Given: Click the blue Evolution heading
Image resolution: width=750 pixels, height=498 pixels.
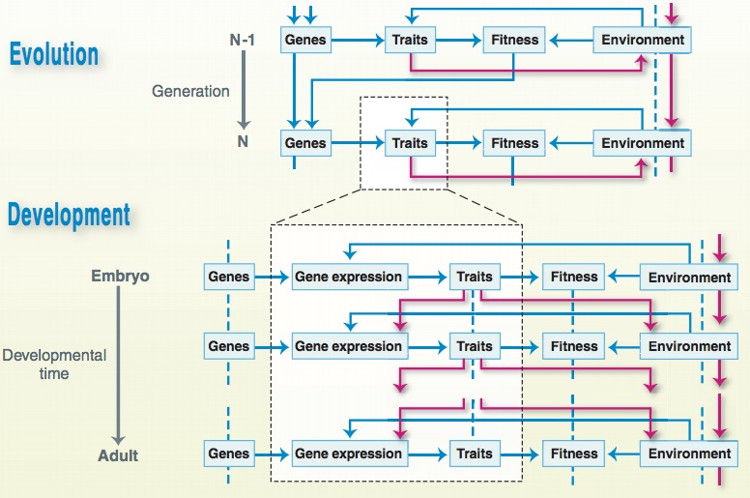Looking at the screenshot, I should tap(54, 53).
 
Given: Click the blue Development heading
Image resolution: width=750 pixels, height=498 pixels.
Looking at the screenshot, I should tap(69, 214).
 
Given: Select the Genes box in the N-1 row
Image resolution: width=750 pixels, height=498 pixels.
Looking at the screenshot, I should tap(305, 41).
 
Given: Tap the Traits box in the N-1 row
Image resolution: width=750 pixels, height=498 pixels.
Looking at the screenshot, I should tap(410, 41).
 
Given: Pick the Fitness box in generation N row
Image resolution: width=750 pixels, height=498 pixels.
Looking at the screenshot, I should tap(514, 143).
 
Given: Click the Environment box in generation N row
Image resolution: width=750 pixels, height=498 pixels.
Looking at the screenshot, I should tap(643, 143).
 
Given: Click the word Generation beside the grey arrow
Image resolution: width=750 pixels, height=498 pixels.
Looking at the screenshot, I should tap(190, 92).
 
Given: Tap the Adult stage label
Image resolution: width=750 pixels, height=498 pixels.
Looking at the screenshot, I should tap(118, 454).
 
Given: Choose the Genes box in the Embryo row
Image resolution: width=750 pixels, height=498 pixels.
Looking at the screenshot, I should tap(228, 277).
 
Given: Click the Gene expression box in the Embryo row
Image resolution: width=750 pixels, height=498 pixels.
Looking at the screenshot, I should tap(348, 277).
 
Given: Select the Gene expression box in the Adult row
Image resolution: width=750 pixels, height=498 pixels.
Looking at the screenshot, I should tap(348, 454).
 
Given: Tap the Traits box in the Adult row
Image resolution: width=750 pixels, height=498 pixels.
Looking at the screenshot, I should tap(474, 454).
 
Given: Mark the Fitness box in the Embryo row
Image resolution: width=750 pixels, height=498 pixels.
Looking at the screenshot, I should tap(574, 277).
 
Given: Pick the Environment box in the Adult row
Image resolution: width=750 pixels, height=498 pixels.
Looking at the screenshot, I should tap(689, 454).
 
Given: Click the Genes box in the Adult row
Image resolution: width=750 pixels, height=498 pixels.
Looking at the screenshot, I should tap(228, 454).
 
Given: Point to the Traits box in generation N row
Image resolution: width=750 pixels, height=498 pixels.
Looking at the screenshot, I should tap(410, 143).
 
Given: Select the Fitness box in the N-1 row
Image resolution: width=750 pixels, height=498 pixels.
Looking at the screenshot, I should tap(514, 41).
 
